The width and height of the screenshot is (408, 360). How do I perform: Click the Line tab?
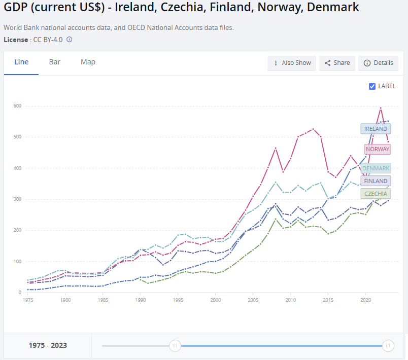[x=21, y=62]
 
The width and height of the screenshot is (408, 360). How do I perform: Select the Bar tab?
[x=55, y=62]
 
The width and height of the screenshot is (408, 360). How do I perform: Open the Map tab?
[x=88, y=62]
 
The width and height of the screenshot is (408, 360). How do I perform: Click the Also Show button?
[x=292, y=63]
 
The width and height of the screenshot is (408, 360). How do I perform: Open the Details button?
[x=378, y=63]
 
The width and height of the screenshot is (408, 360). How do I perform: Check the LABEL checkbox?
[x=372, y=86]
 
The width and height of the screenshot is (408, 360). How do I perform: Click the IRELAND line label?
[x=376, y=129]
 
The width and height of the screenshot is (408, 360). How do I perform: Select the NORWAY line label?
[x=377, y=149]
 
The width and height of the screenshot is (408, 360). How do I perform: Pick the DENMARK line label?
[x=376, y=168]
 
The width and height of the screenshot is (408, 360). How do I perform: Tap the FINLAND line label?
[x=376, y=181]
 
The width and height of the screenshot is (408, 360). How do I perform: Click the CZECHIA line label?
[x=376, y=194]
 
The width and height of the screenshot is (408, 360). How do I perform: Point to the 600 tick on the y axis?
[x=17, y=105]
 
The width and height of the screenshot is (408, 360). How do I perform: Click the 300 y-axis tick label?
[x=17, y=199]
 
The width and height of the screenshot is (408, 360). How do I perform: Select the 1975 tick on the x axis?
[x=28, y=300]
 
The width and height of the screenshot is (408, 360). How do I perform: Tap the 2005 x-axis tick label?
[x=253, y=300]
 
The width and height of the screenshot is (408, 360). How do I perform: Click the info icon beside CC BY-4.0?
[x=70, y=40]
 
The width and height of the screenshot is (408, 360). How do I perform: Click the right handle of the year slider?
[x=388, y=346]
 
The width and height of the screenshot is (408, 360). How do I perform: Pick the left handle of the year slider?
[x=175, y=346]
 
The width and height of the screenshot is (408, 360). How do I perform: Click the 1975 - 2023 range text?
[x=48, y=346]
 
